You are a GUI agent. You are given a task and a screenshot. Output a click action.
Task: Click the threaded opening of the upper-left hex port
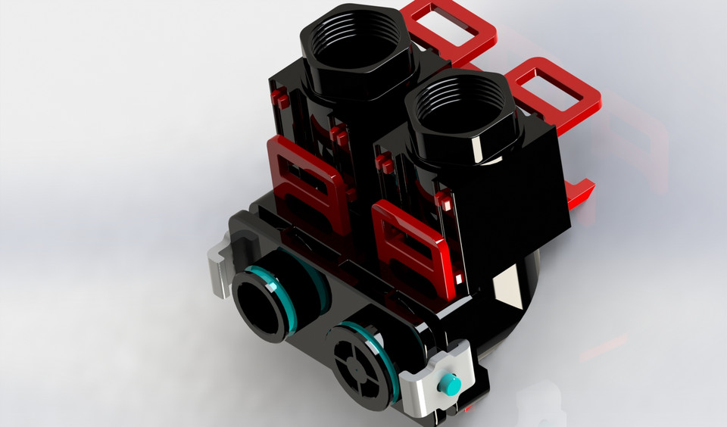354,45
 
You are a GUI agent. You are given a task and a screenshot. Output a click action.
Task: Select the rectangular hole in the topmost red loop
452,23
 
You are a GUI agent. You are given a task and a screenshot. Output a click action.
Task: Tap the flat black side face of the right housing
530,197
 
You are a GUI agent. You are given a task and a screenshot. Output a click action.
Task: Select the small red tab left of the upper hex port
279,96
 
